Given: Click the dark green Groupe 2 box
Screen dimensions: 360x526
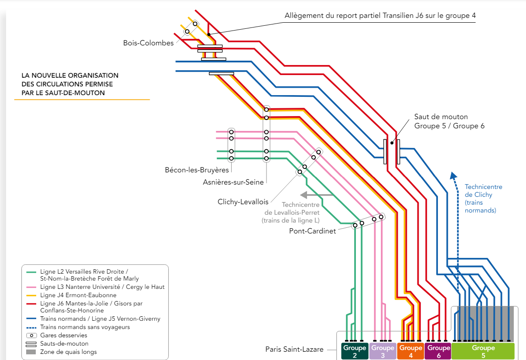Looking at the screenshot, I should click(354, 351).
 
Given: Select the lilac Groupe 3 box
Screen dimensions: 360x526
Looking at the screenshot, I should click(383, 351).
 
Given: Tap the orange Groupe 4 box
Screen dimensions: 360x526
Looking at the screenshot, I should click(410, 351).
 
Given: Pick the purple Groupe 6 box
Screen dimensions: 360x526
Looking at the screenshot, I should click(438, 351).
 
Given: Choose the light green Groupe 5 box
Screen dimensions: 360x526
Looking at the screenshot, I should click(483, 351).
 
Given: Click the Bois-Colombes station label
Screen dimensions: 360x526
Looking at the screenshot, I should click(148, 43).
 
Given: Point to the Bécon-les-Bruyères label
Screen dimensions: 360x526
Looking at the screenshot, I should click(197, 169).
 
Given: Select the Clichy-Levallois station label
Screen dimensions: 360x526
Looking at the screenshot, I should click(243, 202).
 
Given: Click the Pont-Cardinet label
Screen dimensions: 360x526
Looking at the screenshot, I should click(312, 231).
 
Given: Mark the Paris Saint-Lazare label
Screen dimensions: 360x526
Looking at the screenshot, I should click(294, 349).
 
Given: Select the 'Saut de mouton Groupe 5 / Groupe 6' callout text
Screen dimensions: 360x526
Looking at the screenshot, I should click(449, 121).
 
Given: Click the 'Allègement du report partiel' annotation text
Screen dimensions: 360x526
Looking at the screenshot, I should click(380, 16).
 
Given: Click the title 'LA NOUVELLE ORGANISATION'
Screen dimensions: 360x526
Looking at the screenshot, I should click(70, 75).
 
